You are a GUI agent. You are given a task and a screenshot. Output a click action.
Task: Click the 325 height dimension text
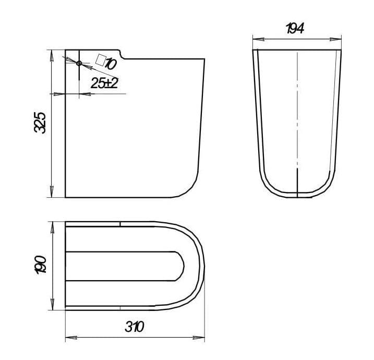point(40,123)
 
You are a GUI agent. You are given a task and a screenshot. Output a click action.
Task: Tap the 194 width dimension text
point(295,28)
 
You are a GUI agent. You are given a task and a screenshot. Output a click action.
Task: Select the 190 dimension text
point(40,265)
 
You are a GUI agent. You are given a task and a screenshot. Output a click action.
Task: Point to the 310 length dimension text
point(135,327)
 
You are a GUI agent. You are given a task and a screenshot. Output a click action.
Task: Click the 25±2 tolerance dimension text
point(105,83)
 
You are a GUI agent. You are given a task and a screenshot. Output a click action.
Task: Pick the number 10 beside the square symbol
point(111,64)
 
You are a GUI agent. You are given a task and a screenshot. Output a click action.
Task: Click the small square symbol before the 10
point(101,60)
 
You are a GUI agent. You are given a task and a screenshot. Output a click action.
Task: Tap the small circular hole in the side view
point(79,63)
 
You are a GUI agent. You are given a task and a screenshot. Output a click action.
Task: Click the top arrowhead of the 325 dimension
point(52,56)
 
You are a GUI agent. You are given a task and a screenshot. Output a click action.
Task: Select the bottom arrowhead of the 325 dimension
point(52,191)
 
